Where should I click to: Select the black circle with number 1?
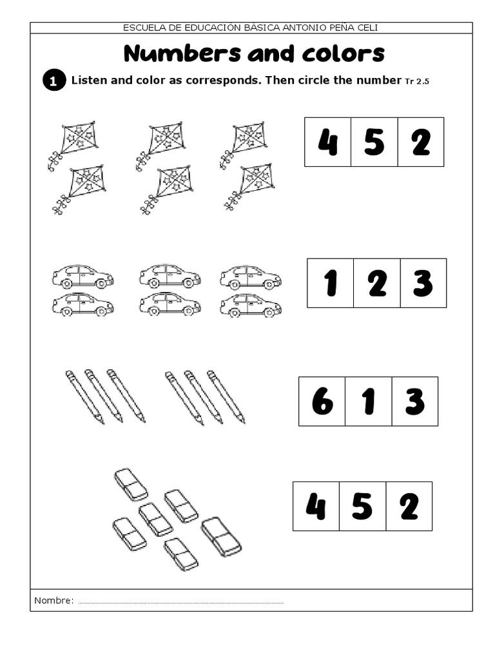[54, 81]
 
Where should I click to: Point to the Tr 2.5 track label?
[417, 81]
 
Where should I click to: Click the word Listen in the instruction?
[88, 81]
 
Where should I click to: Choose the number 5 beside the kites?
[374, 142]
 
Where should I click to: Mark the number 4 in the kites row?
[328, 142]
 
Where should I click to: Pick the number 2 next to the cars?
[377, 283]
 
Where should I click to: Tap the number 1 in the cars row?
[331, 283]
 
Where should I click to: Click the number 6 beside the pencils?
[322, 402]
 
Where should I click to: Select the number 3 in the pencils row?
[414, 402]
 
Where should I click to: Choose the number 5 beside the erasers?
[362, 507]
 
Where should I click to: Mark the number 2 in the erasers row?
[409, 507]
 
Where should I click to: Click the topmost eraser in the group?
[131, 485]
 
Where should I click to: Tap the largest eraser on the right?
[221, 536]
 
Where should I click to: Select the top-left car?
[82, 277]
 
